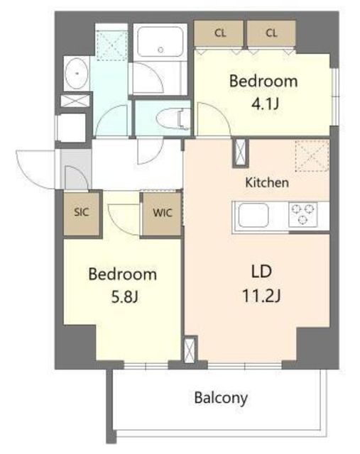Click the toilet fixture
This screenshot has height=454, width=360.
pos(173,118)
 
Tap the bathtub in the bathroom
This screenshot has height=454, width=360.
pos(160,42)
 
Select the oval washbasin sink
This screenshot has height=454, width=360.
pos(77,73)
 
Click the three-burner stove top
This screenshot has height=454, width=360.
pos(303,214)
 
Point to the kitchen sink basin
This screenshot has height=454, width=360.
pos(253,214)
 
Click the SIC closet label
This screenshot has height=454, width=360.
pos(81,212)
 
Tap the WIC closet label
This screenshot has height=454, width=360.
pos(163,213)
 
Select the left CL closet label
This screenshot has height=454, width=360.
pos(220,33)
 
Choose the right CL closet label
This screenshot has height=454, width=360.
pos(271,33)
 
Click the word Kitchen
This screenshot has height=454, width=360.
pos(267,182)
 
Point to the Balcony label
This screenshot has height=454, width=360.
pos(221,398)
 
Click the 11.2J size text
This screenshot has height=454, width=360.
pos(261,297)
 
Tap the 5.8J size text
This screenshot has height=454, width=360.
pos(124,297)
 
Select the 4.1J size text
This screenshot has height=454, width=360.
pos(265,104)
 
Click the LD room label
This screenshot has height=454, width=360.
pos(261,272)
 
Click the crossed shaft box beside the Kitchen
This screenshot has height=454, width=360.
pos(241,153)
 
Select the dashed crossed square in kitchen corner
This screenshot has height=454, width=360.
pos(312,155)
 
